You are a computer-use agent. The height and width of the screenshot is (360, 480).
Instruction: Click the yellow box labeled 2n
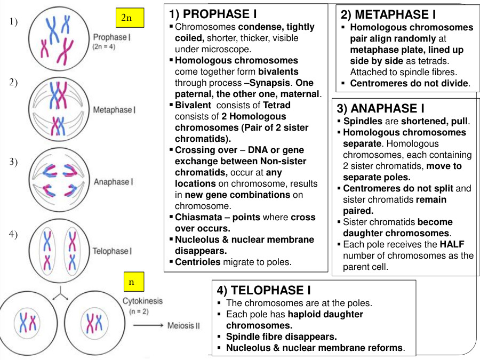(x=126, y=18)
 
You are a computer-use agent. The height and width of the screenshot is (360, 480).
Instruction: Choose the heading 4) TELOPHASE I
(x=263, y=290)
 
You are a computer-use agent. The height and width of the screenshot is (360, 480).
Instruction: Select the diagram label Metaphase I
(x=114, y=110)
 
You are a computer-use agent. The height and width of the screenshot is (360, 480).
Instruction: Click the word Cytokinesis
(x=143, y=301)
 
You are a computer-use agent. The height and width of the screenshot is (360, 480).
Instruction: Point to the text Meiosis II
(x=183, y=325)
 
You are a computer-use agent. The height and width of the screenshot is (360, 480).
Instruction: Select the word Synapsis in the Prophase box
(x=269, y=83)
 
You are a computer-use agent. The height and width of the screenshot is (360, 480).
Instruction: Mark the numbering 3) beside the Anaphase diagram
(x=14, y=162)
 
